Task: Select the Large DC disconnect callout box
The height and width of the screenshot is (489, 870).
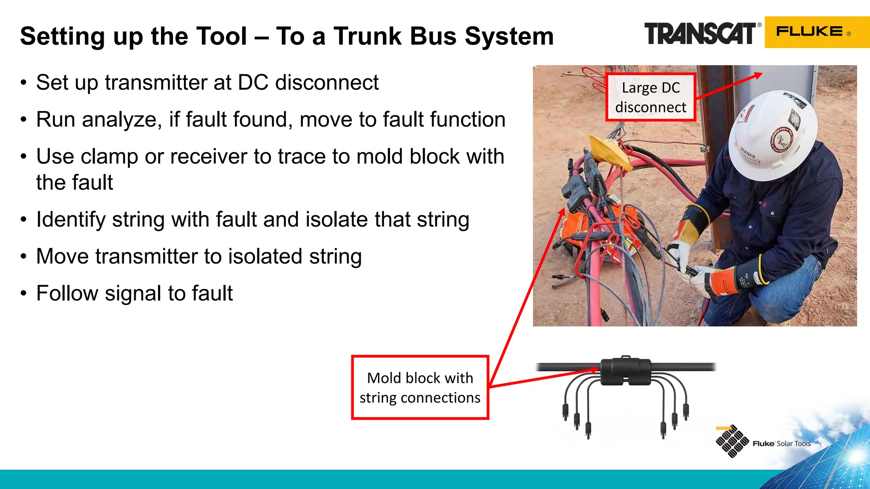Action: [x=650, y=97]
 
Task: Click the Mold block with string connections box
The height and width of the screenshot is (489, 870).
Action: [x=420, y=388]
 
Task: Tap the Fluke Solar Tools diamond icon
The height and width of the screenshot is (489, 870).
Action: [x=732, y=441]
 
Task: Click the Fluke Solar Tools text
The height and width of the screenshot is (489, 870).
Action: [x=782, y=444]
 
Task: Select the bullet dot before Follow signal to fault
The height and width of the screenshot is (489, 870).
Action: [x=24, y=294]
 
